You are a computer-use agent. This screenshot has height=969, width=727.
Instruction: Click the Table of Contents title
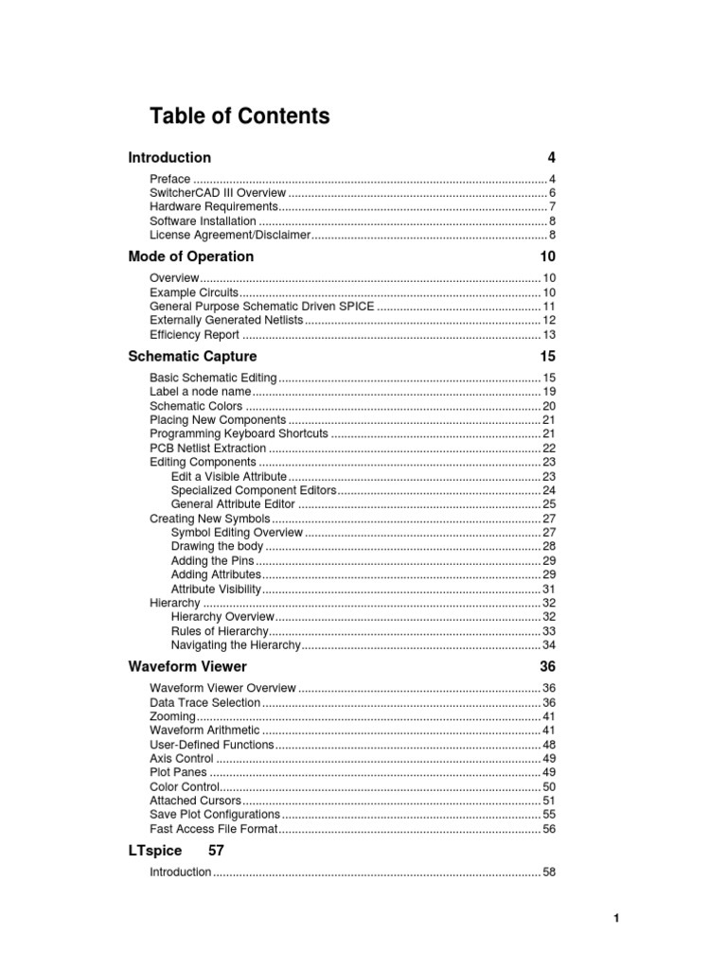tap(239, 116)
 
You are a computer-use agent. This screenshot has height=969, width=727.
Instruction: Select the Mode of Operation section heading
tap(190, 256)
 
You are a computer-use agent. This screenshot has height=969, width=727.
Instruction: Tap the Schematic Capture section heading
tap(192, 357)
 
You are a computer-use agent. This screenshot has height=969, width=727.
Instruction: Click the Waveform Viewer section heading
tap(187, 667)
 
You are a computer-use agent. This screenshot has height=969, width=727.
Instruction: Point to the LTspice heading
tap(154, 851)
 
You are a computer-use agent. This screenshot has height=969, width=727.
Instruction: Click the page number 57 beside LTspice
tap(216, 851)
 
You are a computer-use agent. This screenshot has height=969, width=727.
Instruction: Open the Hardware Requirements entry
tap(214, 207)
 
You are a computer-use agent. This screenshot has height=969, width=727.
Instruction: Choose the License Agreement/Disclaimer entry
tap(230, 235)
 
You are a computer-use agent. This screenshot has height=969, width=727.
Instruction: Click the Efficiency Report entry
tap(194, 335)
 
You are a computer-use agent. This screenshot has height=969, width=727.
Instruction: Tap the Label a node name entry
tap(201, 392)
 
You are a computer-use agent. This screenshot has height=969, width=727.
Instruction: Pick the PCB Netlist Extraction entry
tap(207, 448)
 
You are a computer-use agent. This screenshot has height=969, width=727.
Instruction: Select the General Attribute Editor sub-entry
tap(233, 504)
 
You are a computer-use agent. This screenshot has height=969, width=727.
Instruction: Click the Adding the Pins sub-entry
tap(212, 560)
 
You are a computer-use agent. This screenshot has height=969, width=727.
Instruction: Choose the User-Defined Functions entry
tap(211, 745)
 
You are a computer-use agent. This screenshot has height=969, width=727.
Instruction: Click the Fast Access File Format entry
tap(214, 829)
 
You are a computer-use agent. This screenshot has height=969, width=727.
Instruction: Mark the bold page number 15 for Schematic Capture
tap(548, 357)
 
